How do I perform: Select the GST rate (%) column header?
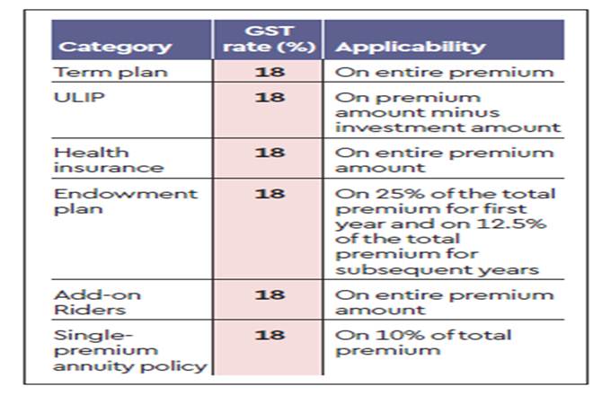tap(269, 39)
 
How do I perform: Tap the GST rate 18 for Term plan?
tap(269, 73)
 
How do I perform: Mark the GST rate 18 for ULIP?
tap(269, 97)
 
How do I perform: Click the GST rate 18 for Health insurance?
tap(269, 152)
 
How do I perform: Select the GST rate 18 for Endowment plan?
tap(269, 193)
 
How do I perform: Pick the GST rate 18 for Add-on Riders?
tap(269, 294)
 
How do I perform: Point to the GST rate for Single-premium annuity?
tap(269, 335)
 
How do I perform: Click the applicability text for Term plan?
tap(444, 73)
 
